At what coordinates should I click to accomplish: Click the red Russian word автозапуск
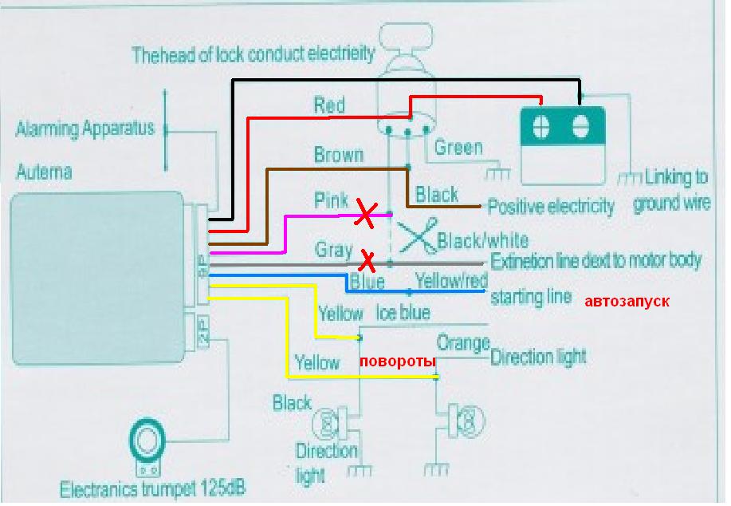pyautogui.click(x=627, y=302)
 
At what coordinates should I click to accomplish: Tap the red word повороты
pyautogui.click(x=398, y=362)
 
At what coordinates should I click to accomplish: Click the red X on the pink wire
pyautogui.click(x=366, y=213)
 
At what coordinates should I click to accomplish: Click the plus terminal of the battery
pyautogui.click(x=540, y=126)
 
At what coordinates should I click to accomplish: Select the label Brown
pyautogui.click(x=339, y=155)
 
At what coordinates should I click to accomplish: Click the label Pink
pyautogui.click(x=331, y=200)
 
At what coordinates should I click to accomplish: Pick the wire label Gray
pyautogui.click(x=333, y=250)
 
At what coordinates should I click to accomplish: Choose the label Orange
pyautogui.click(x=463, y=343)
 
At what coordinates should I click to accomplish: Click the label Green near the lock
pyautogui.click(x=458, y=148)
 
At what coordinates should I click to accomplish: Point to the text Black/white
pyautogui.click(x=483, y=241)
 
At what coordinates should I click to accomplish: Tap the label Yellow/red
pyautogui.click(x=451, y=281)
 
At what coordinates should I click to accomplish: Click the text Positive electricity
pyautogui.click(x=551, y=207)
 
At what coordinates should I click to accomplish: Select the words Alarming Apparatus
pyautogui.click(x=84, y=128)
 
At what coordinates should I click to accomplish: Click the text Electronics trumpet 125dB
pyautogui.click(x=152, y=488)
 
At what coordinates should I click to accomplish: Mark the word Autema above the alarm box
pyautogui.click(x=45, y=172)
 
